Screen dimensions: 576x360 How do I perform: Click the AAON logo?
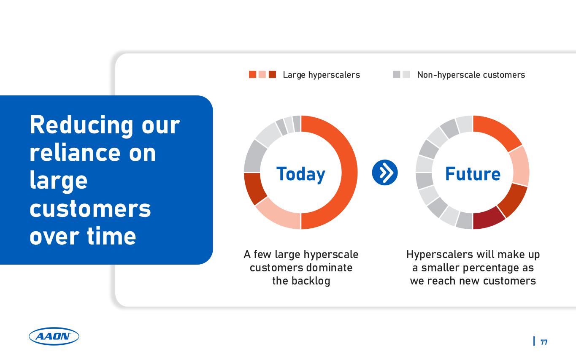pyautogui.click(x=54, y=336)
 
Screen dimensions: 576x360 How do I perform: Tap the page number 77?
pyautogui.click(x=544, y=342)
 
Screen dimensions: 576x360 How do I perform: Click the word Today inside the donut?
pyautogui.click(x=300, y=174)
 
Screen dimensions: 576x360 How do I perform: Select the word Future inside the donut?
pyautogui.click(x=473, y=174)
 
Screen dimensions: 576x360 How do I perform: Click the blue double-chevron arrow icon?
pyautogui.click(x=385, y=173)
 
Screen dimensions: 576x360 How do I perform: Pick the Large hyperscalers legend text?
pyautogui.click(x=321, y=75)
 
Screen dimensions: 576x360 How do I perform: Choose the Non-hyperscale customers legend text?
pyautogui.click(x=471, y=75)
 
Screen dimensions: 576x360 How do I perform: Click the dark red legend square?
pyautogui.click(x=272, y=74)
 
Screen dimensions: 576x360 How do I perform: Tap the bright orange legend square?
pyautogui.click(x=252, y=74)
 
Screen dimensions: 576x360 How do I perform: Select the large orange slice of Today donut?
pyautogui.click(x=349, y=172)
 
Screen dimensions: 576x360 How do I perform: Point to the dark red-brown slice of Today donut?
pyautogui.click(x=253, y=187)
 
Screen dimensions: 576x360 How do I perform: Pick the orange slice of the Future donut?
pyautogui.click(x=496, y=131)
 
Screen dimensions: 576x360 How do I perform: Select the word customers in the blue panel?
pyautogui.click(x=90, y=208)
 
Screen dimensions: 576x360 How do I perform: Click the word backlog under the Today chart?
pyautogui.click(x=311, y=281)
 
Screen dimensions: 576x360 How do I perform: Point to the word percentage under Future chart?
pyautogui.click(x=488, y=268)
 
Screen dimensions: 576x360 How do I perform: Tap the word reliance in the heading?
pyautogui.click(x=75, y=153)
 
